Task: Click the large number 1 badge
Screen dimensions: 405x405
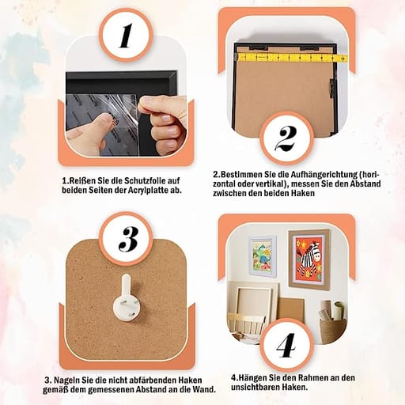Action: [x=126, y=35]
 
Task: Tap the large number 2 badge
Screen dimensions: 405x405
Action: [x=286, y=138]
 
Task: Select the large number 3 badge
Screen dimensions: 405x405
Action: [x=126, y=239]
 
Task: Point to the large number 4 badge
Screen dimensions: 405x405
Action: [x=286, y=345]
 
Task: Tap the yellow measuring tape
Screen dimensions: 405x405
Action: [x=291, y=57]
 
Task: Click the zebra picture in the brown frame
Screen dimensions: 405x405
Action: [x=309, y=259]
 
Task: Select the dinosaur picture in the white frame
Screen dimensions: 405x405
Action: [x=263, y=255]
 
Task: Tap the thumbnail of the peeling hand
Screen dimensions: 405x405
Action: [x=126, y=113]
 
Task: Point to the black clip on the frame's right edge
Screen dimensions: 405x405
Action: [x=332, y=88]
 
